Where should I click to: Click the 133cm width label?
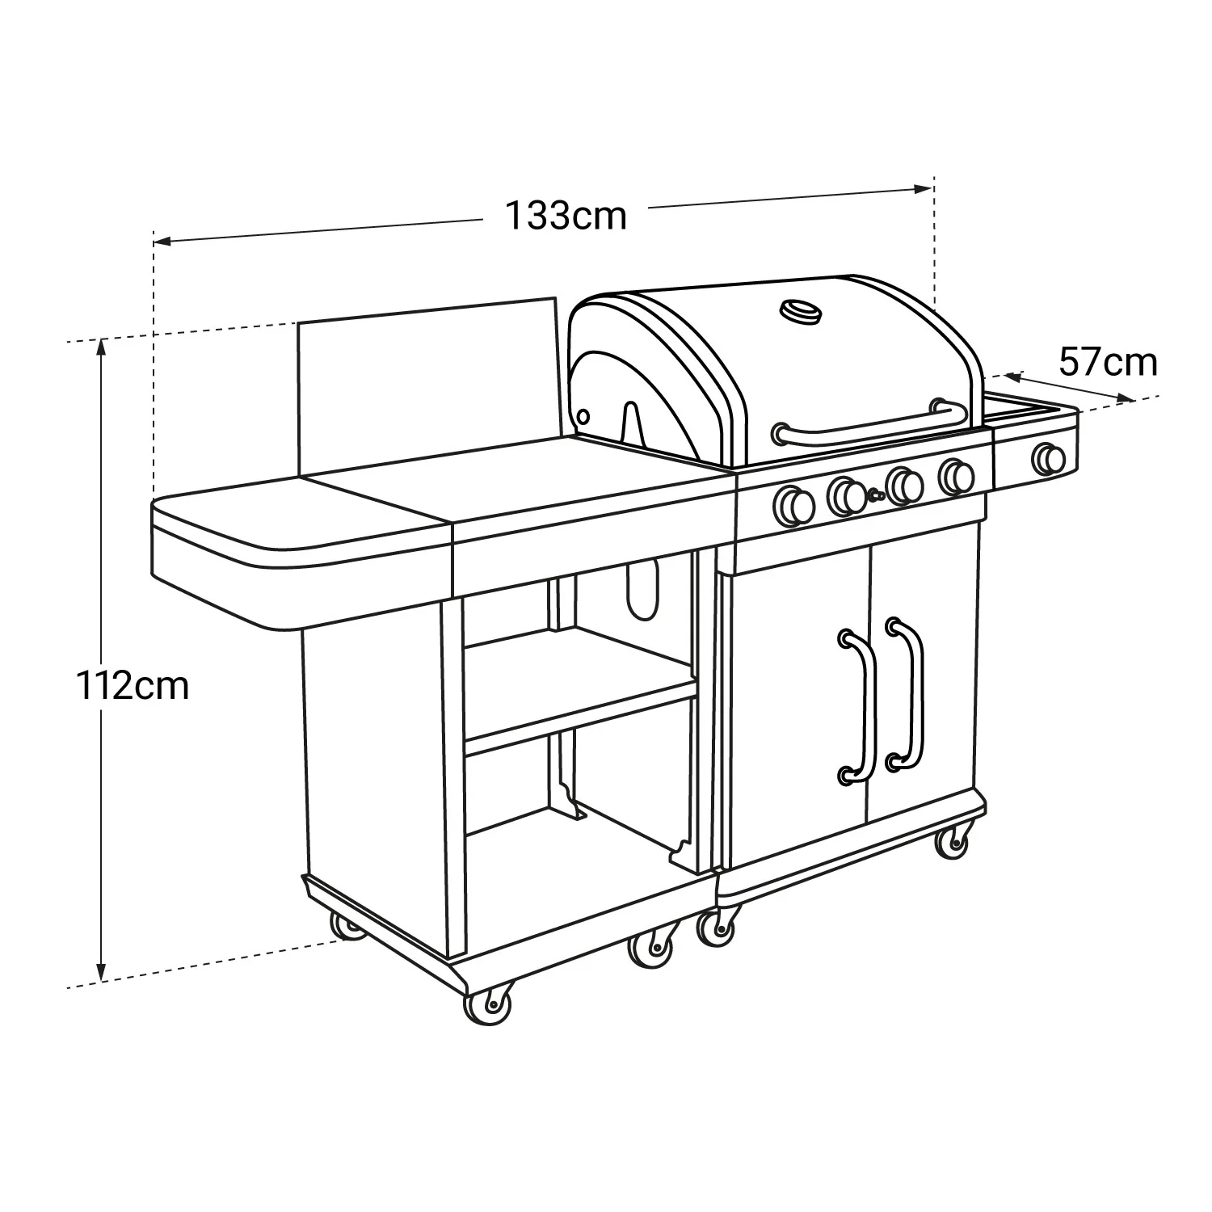(x=566, y=217)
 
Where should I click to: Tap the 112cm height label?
(x=133, y=687)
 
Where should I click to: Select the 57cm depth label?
(x=1108, y=363)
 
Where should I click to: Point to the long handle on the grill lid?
(x=869, y=426)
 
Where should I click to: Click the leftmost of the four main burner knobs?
(x=793, y=506)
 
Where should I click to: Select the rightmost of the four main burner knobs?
(x=957, y=476)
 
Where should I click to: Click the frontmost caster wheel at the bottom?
(x=489, y=1006)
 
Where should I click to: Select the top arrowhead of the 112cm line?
(x=101, y=347)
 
